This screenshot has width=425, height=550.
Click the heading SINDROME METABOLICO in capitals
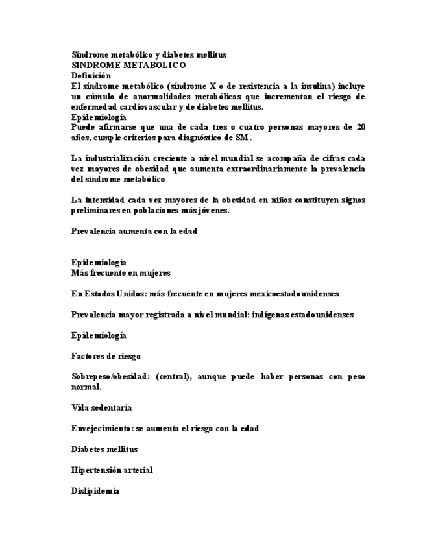(128, 66)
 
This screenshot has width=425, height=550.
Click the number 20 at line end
(360, 127)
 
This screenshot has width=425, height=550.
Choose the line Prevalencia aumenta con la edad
(134, 231)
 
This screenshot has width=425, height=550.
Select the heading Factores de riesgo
(106, 356)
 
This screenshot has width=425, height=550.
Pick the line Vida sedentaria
(101, 408)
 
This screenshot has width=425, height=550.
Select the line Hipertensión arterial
(112, 470)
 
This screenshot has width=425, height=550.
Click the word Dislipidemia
(95, 491)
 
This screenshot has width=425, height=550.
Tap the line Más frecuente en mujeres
(121, 273)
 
